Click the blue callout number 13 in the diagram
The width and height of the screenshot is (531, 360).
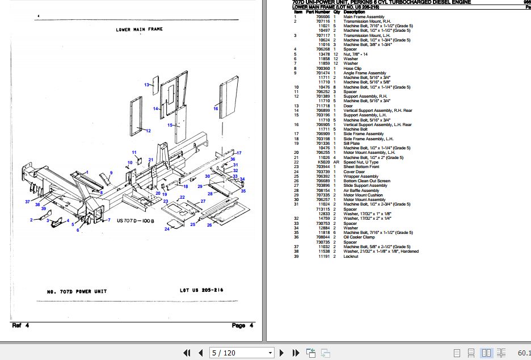146,85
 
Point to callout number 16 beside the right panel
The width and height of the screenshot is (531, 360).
216,108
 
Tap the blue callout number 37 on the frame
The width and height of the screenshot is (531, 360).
27,202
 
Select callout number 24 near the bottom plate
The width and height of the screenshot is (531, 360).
167,229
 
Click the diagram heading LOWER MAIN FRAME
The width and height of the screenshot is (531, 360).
139,29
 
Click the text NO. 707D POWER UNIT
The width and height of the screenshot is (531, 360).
75,292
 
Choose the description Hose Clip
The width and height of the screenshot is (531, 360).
352,68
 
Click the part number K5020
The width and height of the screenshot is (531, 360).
323,162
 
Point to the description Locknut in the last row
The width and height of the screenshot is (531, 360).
352,256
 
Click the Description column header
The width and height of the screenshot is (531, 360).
354,12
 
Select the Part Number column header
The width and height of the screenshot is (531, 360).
318,12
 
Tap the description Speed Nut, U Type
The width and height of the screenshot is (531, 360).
361,162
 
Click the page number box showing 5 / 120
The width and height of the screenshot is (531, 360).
242,353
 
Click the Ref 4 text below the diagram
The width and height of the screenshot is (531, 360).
20,325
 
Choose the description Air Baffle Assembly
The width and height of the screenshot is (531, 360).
361,190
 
